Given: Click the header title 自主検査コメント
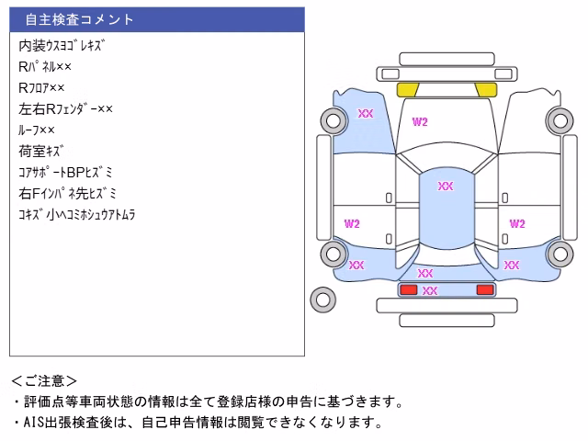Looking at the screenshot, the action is tap(79, 19).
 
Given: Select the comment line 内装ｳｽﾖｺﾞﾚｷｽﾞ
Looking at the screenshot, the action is tap(62, 46).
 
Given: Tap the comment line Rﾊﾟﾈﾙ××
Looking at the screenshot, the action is tap(45, 67).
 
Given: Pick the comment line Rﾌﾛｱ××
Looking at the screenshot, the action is tap(41, 88).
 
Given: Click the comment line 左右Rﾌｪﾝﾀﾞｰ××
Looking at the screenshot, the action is tap(65, 108).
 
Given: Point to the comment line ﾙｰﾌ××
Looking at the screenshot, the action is tap(37, 130).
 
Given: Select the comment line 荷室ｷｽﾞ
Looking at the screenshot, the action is tap(40, 151).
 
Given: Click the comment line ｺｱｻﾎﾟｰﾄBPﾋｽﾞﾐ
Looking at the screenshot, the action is tap(65, 172).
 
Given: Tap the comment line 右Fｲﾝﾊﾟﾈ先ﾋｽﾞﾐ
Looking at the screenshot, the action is tap(67, 194).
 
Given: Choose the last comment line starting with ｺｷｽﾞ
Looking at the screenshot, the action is tap(77, 214).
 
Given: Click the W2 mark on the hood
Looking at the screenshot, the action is tap(420, 122).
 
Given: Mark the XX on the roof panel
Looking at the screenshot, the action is tap(446, 186).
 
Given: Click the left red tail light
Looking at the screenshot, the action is tap(409, 289).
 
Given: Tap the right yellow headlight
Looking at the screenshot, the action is tap(486, 90).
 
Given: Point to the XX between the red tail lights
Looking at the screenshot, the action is tap(430, 290).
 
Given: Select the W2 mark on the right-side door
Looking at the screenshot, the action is tap(517, 224).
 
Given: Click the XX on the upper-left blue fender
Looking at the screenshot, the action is tap(366, 113).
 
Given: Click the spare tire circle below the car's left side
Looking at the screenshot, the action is tap(322, 300).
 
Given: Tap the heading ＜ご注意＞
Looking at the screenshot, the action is tap(44, 381).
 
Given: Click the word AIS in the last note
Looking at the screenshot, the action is tap(34, 423).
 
